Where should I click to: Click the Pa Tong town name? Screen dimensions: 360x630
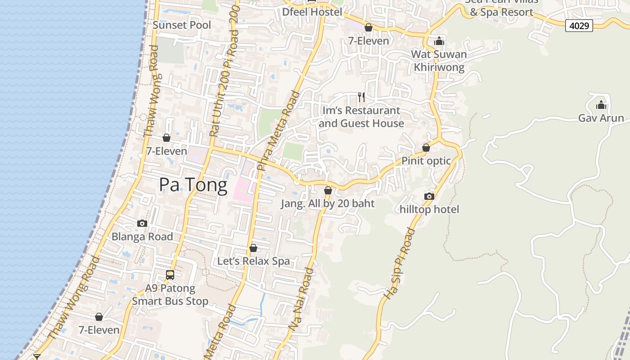(x=193, y=185)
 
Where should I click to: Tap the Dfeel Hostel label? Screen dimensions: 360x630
(x=312, y=12)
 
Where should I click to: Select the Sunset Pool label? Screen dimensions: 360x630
(x=182, y=25)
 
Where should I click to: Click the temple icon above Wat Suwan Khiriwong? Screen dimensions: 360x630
(x=439, y=41)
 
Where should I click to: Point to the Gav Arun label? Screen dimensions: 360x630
(x=601, y=118)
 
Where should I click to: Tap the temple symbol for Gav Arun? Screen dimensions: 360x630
(x=601, y=105)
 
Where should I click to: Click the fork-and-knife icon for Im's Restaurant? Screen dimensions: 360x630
(x=361, y=97)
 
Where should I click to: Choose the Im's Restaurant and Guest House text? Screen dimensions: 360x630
(x=361, y=117)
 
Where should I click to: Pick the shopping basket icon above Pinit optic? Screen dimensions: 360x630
(x=426, y=148)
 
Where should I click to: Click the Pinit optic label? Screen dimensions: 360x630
(x=426, y=161)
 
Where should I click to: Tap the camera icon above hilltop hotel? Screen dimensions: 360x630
(x=429, y=196)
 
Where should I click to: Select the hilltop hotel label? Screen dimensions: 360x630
(x=429, y=209)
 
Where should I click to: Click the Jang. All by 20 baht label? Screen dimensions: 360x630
(x=328, y=203)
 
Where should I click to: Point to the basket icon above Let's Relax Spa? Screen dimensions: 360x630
(x=253, y=248)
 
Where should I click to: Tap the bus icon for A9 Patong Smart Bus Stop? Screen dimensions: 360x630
(x=170, y=274)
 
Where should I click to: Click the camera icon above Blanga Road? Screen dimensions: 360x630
(x=142, y=223)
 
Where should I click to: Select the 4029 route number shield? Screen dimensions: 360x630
(x=579, y=26)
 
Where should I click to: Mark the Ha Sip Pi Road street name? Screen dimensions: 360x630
(x=400, y=264)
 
